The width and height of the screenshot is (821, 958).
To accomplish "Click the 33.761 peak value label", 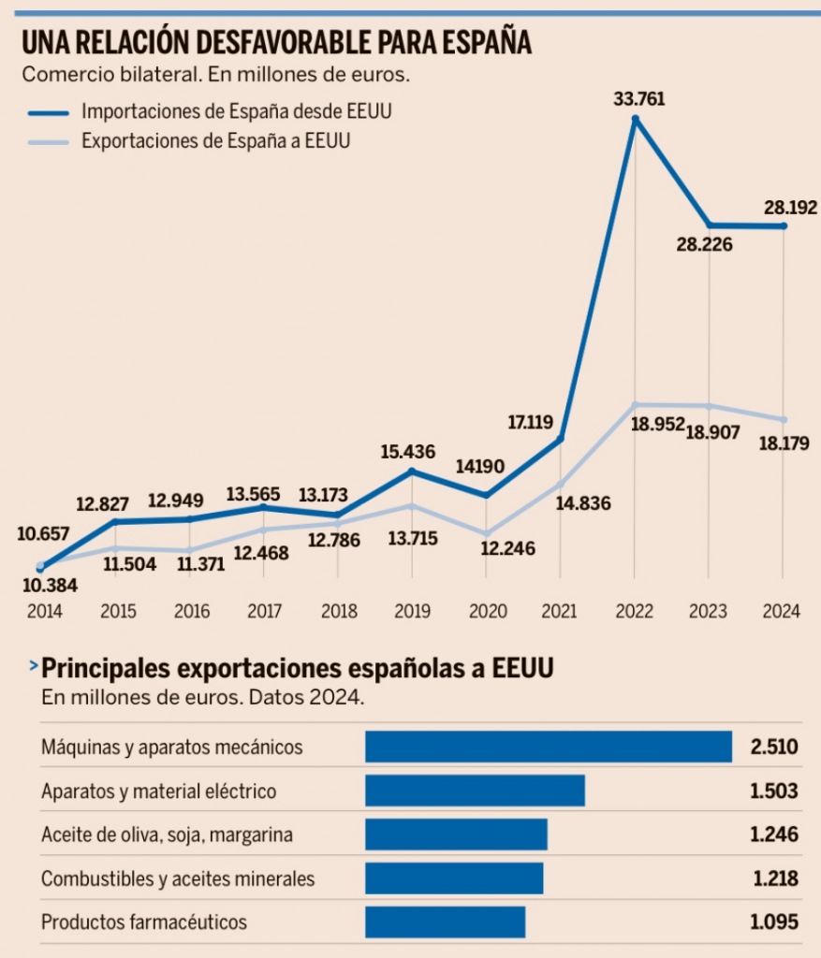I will point(639,97).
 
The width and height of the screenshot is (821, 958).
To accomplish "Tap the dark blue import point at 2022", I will point(636,119).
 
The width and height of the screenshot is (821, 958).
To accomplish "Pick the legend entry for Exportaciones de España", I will point(221,141).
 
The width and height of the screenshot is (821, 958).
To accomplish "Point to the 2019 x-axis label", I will point(412,612).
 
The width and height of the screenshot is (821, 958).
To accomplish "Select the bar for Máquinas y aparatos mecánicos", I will point(548,747).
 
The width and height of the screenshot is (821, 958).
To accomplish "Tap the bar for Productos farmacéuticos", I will point(445,922).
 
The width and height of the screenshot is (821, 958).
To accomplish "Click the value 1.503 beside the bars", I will point(774,791).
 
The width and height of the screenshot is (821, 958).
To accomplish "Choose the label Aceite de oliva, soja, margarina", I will point(154,835).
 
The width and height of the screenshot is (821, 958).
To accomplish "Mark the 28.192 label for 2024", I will point(790,207).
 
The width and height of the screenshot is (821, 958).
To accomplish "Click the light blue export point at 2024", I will point(784,419).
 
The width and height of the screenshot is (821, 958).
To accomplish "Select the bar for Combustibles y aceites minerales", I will point(454,878).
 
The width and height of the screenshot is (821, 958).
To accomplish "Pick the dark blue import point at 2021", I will point(561,438).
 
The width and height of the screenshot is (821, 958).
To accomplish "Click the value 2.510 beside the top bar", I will point(774,747).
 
